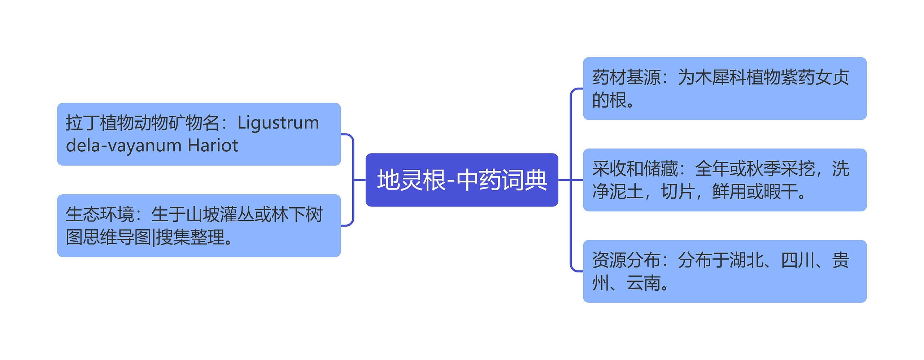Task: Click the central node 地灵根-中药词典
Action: coord(462,180)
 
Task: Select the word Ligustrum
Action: coord(278,123)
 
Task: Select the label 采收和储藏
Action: coord(635,169)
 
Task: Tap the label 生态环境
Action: coord(100,214)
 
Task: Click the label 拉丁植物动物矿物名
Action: coord(143,123)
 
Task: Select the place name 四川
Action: coord(798,260)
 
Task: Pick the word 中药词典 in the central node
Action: coord(502,180)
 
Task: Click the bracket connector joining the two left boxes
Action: coord(353,180)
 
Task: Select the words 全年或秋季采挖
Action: coord(754,169)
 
